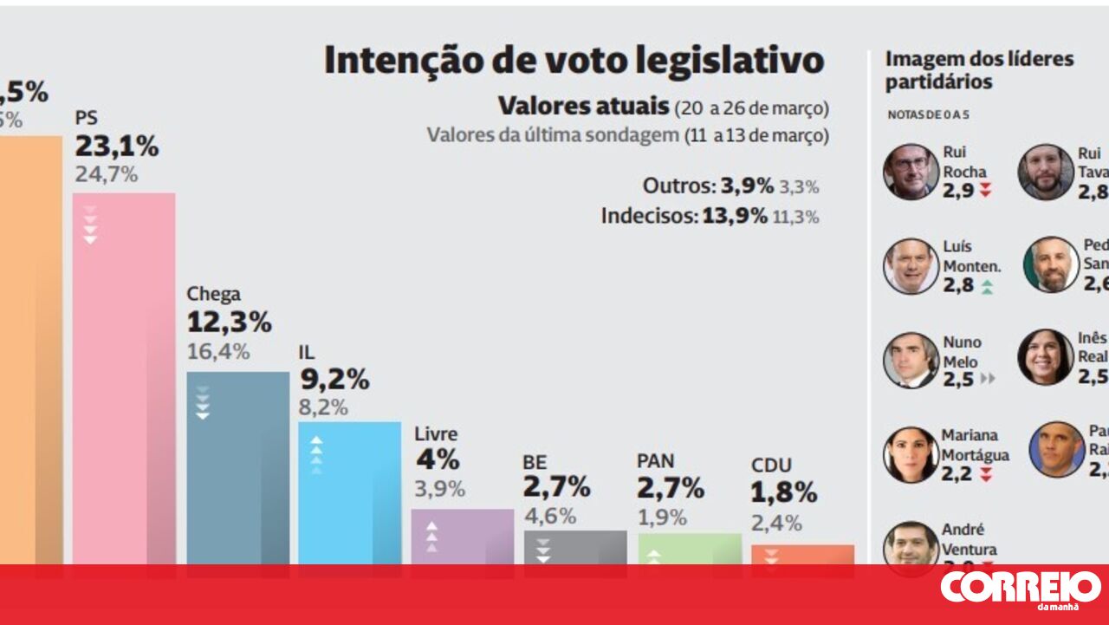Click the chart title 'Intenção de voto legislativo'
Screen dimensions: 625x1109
[x=574, y=61]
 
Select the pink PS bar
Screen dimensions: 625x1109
[x=124, y=381]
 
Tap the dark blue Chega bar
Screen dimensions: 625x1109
[x=237, y=468]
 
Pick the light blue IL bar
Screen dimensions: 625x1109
[x=350, y=494]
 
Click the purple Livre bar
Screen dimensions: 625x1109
[x=462, y=537]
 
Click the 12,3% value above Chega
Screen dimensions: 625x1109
[x=229, y=322]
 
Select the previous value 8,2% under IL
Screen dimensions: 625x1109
[x=324, y=407]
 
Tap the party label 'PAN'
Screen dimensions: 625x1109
[x=655, y=461]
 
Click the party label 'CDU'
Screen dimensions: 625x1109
[x=771, y=465]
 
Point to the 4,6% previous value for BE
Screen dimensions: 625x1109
[x=549, y=516]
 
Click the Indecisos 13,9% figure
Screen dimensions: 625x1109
[x=734, y=216]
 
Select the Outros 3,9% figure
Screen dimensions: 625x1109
[x=747, y=186]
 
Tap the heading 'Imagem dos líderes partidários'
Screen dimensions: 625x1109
[x=979, y=70]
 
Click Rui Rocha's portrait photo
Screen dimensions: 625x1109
[x=911, y=172]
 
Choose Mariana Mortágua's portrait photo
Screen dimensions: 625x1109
[x=911, y=454]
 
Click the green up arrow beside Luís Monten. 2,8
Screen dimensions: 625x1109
[x=986, y=287]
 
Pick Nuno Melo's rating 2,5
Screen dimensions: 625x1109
[x=958, y=379]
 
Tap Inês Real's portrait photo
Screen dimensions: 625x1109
[x=1045, y=357]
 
